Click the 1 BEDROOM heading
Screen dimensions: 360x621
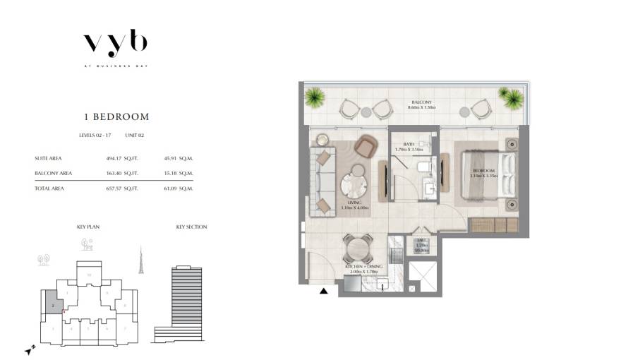pos(115,116)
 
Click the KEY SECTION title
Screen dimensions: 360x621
pos(191,227)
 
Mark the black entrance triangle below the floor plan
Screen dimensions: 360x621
pos(323,291)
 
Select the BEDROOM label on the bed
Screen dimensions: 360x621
pos(483,171)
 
